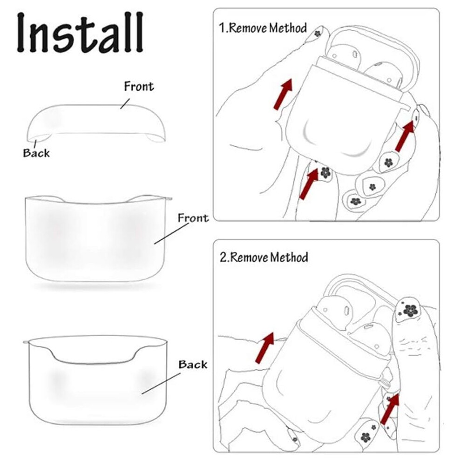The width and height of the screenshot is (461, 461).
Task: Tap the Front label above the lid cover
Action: [139, 87]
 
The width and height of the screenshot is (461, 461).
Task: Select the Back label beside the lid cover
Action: [36, 153]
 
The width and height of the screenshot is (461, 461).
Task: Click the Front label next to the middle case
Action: [193, 218]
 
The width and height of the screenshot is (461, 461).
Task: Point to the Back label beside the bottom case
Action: [193, 365]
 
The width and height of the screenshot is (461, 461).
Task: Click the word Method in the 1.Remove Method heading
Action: [288, 28]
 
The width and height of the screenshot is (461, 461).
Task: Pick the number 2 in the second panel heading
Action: [223, 257]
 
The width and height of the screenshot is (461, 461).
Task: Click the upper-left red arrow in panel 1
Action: [283, 94]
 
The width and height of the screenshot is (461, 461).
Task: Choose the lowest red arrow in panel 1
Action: [308, 184]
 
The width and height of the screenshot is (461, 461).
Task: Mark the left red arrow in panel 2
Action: [264, 348]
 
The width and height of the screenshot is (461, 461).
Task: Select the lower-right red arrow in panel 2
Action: [390, 409]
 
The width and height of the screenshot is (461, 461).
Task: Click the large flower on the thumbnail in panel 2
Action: [410, 310]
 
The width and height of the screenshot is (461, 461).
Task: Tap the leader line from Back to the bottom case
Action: [161, 384]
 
